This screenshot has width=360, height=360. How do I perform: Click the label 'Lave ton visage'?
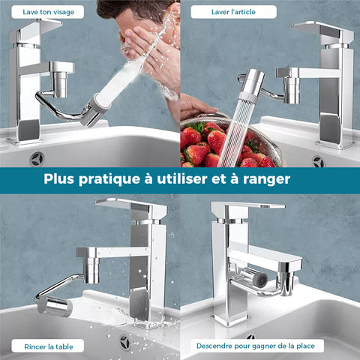tap(48, 12)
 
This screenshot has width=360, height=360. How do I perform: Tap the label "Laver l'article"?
tap(233, 12)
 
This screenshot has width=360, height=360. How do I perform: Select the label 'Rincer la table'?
tap(49, 346)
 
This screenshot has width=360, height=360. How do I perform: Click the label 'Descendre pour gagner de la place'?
tap(256, 346)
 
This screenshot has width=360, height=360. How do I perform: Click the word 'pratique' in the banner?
tap(109, 180)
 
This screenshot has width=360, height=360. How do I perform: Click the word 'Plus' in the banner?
tap(59, 178)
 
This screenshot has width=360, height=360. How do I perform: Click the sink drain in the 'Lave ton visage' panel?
tap(37, 159)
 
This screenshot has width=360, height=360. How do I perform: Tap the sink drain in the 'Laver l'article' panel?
tap(319, 162)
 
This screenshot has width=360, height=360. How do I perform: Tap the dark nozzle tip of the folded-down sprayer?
tap(260, 279)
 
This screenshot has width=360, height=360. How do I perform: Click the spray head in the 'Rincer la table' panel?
tap(53, 306)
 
